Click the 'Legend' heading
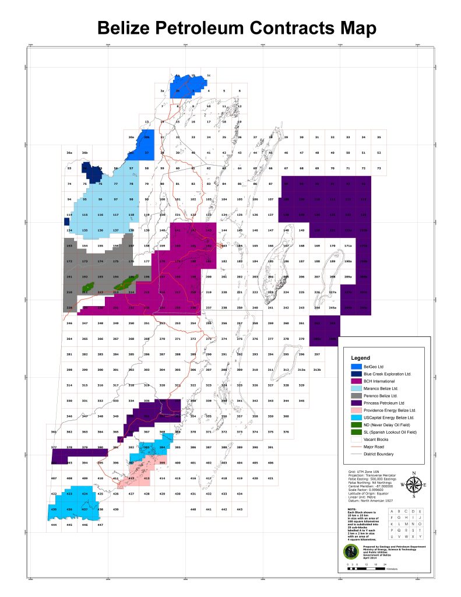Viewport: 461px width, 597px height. pyautogui.click(x=361, y=357)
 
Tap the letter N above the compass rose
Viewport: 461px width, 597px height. pyautogui.click(x=414, y=473)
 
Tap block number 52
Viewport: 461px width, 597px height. pyautogui.click(x=379, y=152)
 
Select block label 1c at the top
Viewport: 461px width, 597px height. pyautogui.click(x=209, y=76)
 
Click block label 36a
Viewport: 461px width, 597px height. pyautogui.click(x=69, y=153)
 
